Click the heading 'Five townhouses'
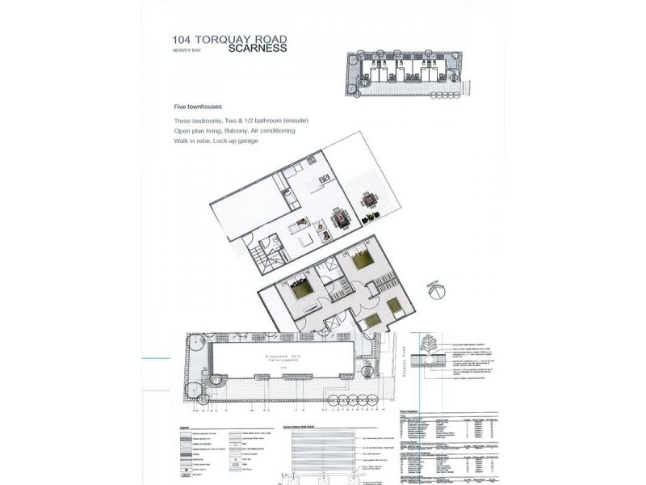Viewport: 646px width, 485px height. coord(198,107)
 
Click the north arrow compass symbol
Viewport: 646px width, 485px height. coord(433,285)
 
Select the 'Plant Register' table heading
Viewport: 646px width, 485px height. coord(413,411)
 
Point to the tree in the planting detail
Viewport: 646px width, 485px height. coord(426,348)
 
